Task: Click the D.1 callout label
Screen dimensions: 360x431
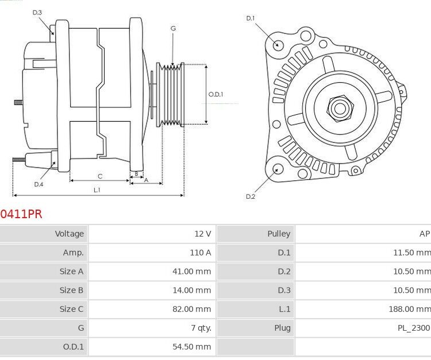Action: [250, 18]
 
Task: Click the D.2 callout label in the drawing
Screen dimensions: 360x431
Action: [250, 196]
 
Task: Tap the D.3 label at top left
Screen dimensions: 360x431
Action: [37, 12]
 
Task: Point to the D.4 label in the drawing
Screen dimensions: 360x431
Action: [39, 184]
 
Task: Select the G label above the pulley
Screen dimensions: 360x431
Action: [173, 28]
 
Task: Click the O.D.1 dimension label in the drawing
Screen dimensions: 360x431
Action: [215, 94]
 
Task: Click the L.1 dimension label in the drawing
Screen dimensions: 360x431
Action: [97, 189]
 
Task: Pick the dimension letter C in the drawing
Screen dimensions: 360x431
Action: [99, 176]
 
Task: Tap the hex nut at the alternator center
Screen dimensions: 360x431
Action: [338, 107]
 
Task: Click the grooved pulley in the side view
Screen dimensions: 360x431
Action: [171, 94]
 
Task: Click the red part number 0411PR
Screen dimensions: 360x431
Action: [21, 214]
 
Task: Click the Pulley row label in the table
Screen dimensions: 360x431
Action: [279, 234]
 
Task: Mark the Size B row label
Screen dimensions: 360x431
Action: [72, 290]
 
